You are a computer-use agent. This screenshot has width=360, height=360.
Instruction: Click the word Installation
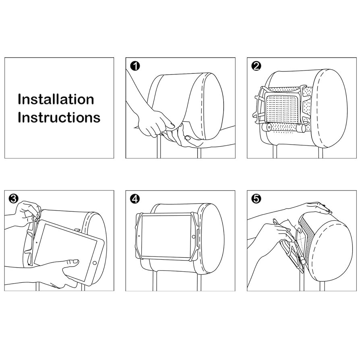(x=56, y=99)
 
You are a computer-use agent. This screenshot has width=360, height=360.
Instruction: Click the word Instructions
(x=59, y=118)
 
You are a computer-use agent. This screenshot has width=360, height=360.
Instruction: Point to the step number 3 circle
(x=14, y=199)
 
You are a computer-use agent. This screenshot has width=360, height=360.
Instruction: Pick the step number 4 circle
(x=135, y=199)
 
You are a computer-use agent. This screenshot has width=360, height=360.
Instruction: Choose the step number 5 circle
(x=256, y=199)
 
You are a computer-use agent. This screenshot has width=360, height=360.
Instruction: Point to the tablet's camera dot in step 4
(x=139, y=236)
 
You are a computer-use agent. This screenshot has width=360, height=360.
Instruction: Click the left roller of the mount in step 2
(x=267, y=127)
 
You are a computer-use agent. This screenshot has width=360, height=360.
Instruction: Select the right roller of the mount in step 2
(x=300, y=128)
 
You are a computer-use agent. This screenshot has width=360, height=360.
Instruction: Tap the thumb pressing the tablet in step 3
(x=73, y=262)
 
